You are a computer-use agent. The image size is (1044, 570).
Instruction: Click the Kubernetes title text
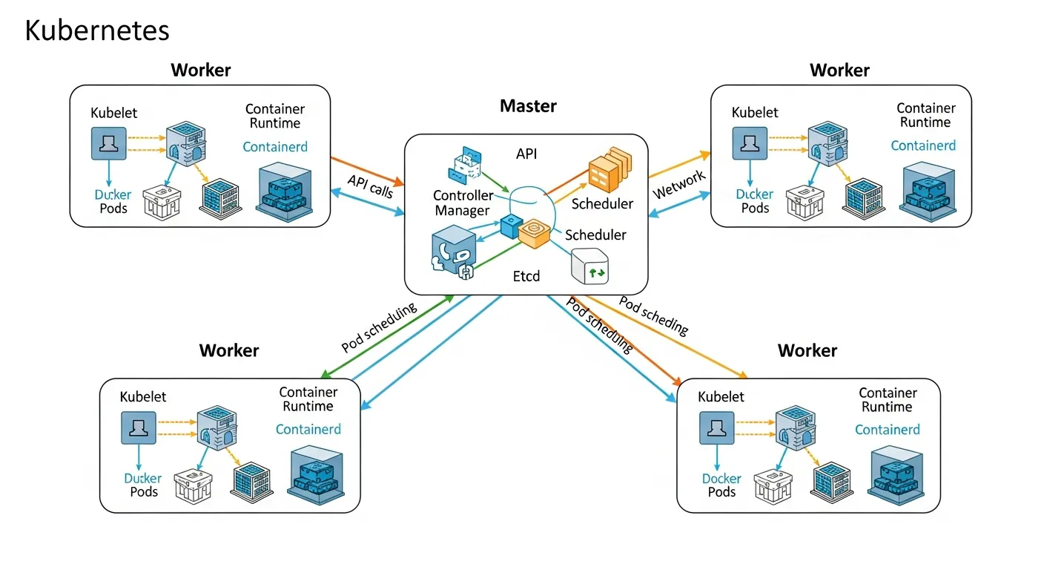(x=97, y=30)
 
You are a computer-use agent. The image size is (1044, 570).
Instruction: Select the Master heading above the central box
(x=527, y=106)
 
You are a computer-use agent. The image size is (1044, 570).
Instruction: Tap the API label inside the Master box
(x=526, y=154)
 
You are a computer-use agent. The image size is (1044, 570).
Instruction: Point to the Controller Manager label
(x=463, y=203)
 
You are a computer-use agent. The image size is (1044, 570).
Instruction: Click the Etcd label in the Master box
(x=526, y=276)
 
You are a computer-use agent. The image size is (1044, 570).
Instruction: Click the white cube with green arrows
(x=590, y=266)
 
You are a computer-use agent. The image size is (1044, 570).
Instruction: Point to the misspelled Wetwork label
(x=678, y=185)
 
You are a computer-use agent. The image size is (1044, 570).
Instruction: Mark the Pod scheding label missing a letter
(x=653, y=316)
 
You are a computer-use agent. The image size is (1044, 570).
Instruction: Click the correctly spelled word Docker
(x=721, y=479)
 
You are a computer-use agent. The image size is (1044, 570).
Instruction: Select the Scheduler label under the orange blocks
(x=602, y=203)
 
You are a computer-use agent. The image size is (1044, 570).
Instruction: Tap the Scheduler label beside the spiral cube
(x=595, y=235)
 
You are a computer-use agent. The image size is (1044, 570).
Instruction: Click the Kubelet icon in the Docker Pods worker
(x=716, y=427)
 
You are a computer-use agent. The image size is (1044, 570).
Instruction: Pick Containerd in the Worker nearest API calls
(x=275, y=147)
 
